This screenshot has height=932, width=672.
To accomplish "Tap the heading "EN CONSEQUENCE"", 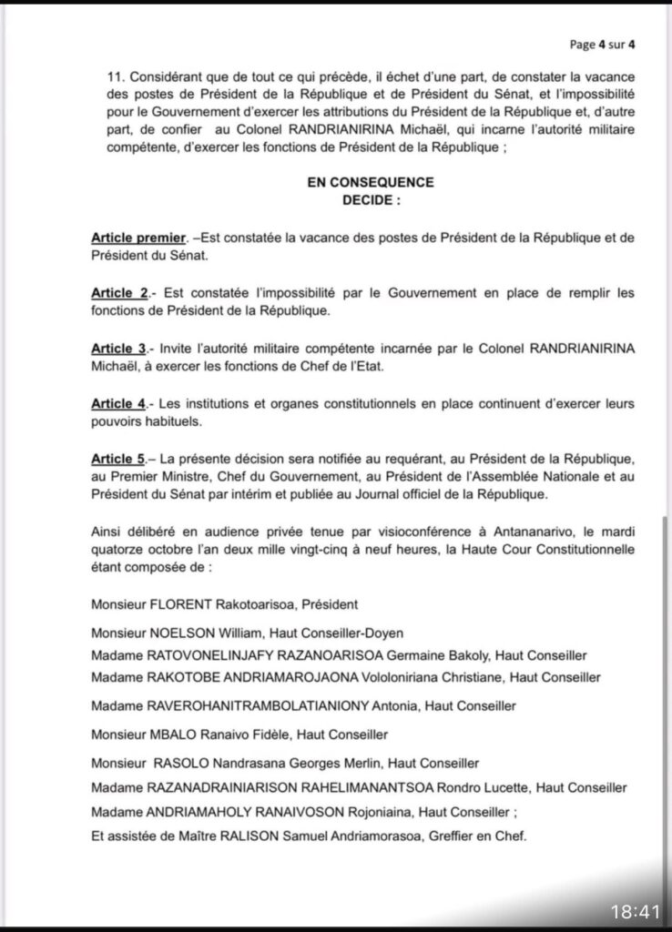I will (370, 182).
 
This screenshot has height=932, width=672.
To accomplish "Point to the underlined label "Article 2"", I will (119, 292).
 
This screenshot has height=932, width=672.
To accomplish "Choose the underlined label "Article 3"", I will (119, 349).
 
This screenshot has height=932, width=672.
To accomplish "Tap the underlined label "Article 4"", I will (119, 404).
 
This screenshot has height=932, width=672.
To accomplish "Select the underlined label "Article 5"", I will (119, 461).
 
